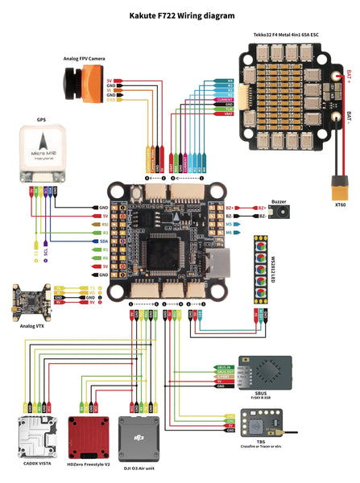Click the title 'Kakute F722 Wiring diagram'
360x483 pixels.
coord(182,14)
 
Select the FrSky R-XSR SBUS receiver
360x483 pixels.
coord(270,373)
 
